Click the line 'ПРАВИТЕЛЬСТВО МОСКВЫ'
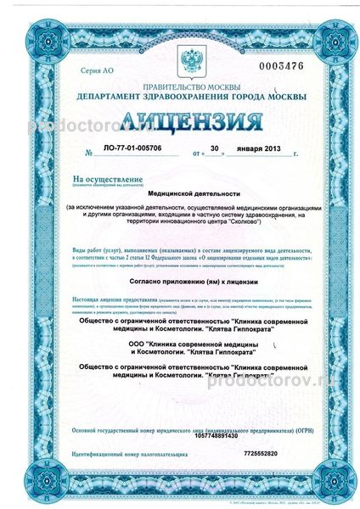coord(180,87)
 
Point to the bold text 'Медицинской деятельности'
coord(179,193)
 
